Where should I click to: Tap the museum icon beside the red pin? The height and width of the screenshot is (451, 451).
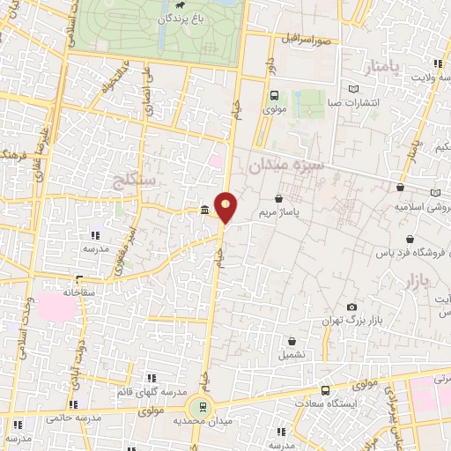point(205,210)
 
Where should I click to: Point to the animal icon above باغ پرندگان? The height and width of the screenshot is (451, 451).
point(179,6)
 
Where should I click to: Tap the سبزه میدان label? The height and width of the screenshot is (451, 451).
point(286,165)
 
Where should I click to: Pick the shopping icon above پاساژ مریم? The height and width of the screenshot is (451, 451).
point(279,200)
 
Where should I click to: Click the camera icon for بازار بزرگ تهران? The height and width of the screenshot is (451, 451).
point(352,307)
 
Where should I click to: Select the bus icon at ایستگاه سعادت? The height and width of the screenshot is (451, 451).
point(326,390)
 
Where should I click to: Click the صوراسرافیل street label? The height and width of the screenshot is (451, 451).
point(308,41)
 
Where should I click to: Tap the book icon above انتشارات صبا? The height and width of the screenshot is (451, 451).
point(354,89)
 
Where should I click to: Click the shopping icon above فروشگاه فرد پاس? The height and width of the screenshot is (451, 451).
point(410,240)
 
